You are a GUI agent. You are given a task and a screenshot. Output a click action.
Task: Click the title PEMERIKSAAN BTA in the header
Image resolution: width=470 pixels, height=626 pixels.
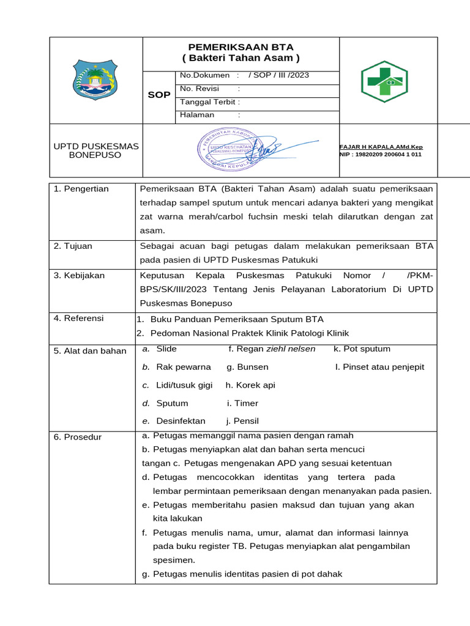tap(241, 47)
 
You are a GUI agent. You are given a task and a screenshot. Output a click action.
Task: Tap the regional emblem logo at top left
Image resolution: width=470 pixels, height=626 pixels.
tap(93, 79)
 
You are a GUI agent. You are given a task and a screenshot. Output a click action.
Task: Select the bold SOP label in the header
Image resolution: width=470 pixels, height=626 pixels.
tap(159, 95)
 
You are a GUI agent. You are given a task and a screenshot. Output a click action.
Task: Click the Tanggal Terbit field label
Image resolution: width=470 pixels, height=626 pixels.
tap(209, 102)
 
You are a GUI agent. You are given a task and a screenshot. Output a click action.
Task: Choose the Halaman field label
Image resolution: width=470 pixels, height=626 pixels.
tap(197, 115)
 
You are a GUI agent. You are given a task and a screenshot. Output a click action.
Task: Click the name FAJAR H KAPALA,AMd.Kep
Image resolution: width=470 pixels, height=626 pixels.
tap(381, 147)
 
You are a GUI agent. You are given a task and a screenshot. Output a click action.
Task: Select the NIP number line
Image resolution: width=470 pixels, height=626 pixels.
tap(380, 155)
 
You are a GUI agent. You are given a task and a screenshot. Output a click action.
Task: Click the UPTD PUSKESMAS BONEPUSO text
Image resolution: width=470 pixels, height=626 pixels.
tap(96, 150)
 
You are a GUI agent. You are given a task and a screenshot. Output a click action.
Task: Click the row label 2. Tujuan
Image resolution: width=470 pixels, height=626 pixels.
tap(73, 246)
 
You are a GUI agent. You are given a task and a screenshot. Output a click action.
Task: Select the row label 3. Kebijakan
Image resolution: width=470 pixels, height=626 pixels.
tap(79, 276)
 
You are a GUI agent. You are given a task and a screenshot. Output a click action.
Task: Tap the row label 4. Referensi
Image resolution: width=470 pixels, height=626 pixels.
tap(78, 319)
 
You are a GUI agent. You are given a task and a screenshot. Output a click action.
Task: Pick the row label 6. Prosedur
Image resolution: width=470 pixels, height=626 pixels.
tap(78, 437)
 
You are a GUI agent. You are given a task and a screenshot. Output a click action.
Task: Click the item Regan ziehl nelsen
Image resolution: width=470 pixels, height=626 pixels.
tap(272, 349)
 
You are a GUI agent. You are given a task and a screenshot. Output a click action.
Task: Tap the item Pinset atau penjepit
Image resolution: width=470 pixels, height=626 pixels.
tap(379, 367)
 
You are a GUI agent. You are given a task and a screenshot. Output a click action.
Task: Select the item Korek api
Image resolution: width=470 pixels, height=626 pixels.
tap(250, 385)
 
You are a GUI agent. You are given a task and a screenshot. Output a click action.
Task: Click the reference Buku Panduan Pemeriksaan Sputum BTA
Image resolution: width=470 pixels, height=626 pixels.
tap(236, 319)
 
